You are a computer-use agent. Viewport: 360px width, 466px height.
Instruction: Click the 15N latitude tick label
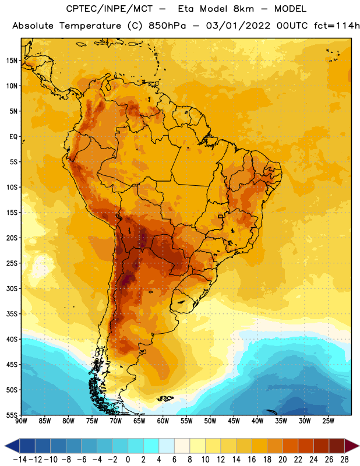(12, 61)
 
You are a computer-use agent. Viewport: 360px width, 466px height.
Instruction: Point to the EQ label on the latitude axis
(13, 137)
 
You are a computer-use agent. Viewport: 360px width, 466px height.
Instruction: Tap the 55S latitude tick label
(12, 415)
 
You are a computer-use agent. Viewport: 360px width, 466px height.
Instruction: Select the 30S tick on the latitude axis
(12, 288)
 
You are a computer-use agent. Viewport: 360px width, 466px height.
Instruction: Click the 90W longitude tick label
(21, 421)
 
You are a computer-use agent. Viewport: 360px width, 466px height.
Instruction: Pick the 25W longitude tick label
(328, 421)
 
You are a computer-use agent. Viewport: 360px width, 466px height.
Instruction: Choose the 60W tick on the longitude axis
(163, 421)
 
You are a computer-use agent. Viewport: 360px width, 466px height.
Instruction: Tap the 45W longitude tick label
(234, 421)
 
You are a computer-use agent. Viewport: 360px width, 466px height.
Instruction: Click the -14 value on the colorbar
(20, 460)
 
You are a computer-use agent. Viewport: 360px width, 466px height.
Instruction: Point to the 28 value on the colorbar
(344, 460)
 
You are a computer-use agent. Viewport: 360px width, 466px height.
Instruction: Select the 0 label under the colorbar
(128, 460)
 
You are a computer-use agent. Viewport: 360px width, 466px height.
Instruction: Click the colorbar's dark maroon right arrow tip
(359, 446)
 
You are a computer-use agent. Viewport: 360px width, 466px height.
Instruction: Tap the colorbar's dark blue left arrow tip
(5, 446)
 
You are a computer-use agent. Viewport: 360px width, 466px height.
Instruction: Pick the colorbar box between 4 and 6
(167, 446)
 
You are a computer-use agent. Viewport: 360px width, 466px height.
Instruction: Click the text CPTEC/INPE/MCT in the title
(109, 9)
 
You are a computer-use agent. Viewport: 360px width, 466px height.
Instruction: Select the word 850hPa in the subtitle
(167, 26)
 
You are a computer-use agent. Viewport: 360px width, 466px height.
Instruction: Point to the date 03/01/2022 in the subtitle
(238, 26)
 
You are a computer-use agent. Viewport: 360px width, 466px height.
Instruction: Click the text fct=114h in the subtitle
(337, 26)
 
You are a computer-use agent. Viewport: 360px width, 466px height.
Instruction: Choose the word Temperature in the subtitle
(90, 26)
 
